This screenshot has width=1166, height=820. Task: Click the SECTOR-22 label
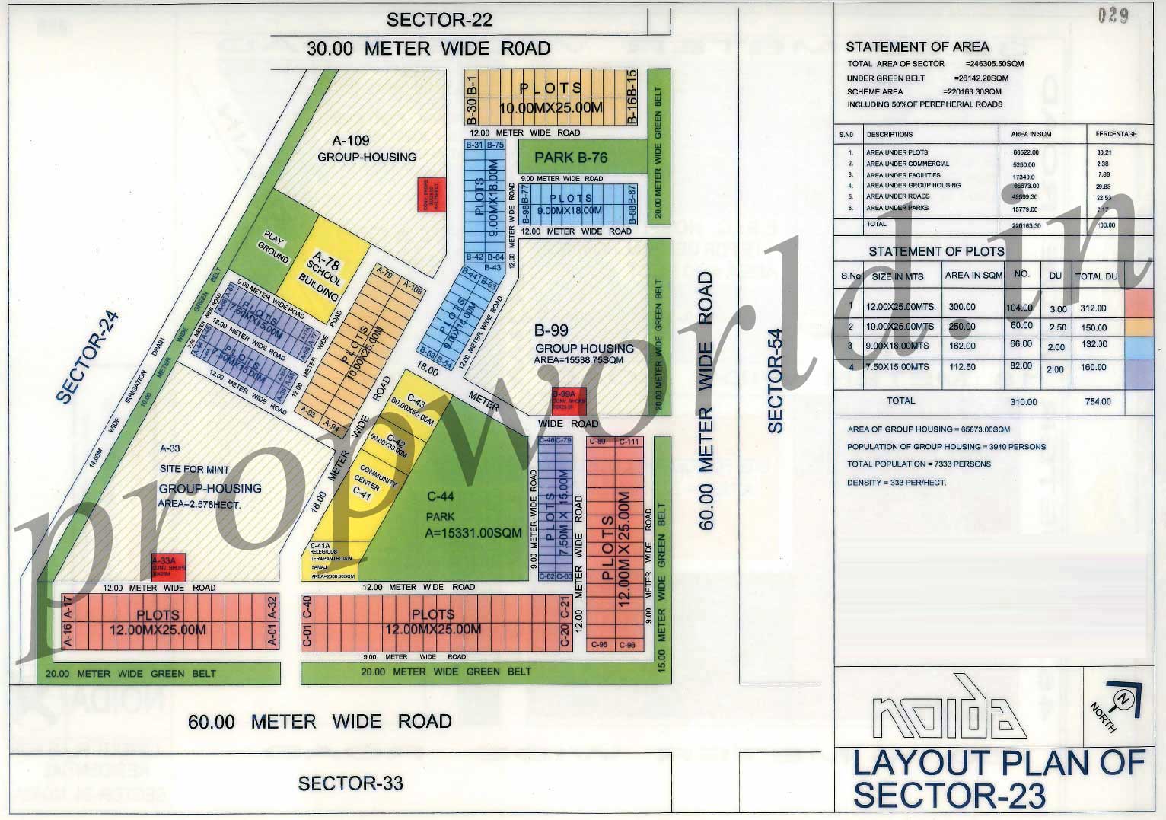pos(439,20)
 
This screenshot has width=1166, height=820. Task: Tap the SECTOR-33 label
pos(350,783)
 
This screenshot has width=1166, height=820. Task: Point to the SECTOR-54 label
pos(775,381)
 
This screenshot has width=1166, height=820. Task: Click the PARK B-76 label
pos(571,158)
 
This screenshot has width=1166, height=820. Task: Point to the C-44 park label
pos(441,497)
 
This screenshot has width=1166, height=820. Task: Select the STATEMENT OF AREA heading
pos(917,47)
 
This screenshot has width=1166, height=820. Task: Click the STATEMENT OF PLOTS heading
pos(936,251)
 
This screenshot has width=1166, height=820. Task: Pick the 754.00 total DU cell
pos(1098,401)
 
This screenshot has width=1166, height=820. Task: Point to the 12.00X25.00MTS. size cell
pos(900,307)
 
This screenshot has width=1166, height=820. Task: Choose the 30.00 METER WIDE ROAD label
pos(428,48)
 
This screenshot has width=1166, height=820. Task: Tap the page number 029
pos(1113,15)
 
